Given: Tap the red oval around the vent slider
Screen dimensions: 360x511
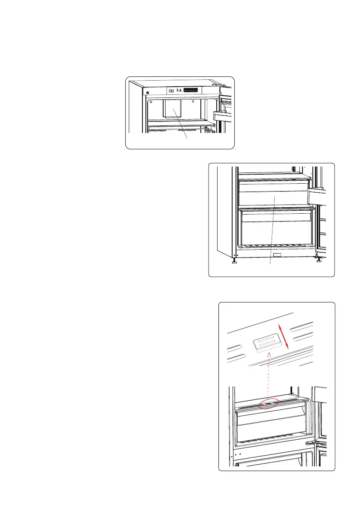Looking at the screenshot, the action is [267, 404].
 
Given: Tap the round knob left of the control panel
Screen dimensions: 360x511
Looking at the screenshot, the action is [147, 93].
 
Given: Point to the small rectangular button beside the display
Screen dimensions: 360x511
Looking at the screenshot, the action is [172, 91].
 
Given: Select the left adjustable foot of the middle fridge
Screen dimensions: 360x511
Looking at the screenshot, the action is [234, 260].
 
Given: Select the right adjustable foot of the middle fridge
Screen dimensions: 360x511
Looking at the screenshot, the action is [318, 260].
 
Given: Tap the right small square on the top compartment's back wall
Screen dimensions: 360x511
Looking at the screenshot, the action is [194, 102].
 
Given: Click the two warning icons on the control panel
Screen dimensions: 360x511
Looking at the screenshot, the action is [180, 91].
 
